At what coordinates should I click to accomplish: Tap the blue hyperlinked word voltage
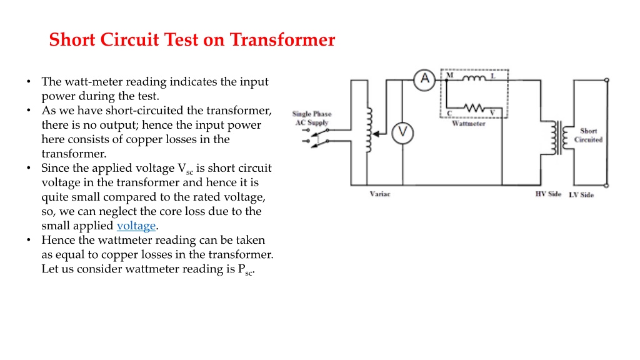tap(136, 226)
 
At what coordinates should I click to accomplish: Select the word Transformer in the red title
tap(282, 39)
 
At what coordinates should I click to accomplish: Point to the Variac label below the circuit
tap(380, 194)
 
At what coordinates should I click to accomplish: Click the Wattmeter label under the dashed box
tap(469, 123)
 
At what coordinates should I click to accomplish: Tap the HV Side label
tap(548, 194)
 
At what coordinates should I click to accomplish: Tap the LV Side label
tap(581, 195)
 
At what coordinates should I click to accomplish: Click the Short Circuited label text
tap(588, 135)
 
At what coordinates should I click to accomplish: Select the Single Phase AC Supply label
tap(312, 118)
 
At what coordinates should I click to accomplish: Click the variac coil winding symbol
tap(369, 130)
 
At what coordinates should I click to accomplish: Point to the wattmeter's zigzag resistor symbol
tap(474, 107)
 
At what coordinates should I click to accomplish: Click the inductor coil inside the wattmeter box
tap(474, 77)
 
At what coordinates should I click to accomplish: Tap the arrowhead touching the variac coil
tap(376, 134)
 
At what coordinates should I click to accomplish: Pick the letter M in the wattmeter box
tap(450, 75)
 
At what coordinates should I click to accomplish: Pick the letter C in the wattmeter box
tap(449, 113)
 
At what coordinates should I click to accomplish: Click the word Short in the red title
tap(72, 39)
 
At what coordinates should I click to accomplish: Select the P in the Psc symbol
tap(241, 269)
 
